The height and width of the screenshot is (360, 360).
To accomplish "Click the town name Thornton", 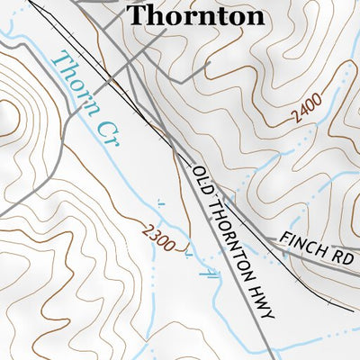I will (x=196, y=15).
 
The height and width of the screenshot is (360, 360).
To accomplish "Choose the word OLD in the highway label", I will (x=199, y=175).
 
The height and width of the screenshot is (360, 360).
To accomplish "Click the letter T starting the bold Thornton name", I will (x=138, y=15).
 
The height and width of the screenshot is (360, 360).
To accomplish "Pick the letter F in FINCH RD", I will (x=284, y=236).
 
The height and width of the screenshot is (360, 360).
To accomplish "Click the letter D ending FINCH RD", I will (x=348, y=258).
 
